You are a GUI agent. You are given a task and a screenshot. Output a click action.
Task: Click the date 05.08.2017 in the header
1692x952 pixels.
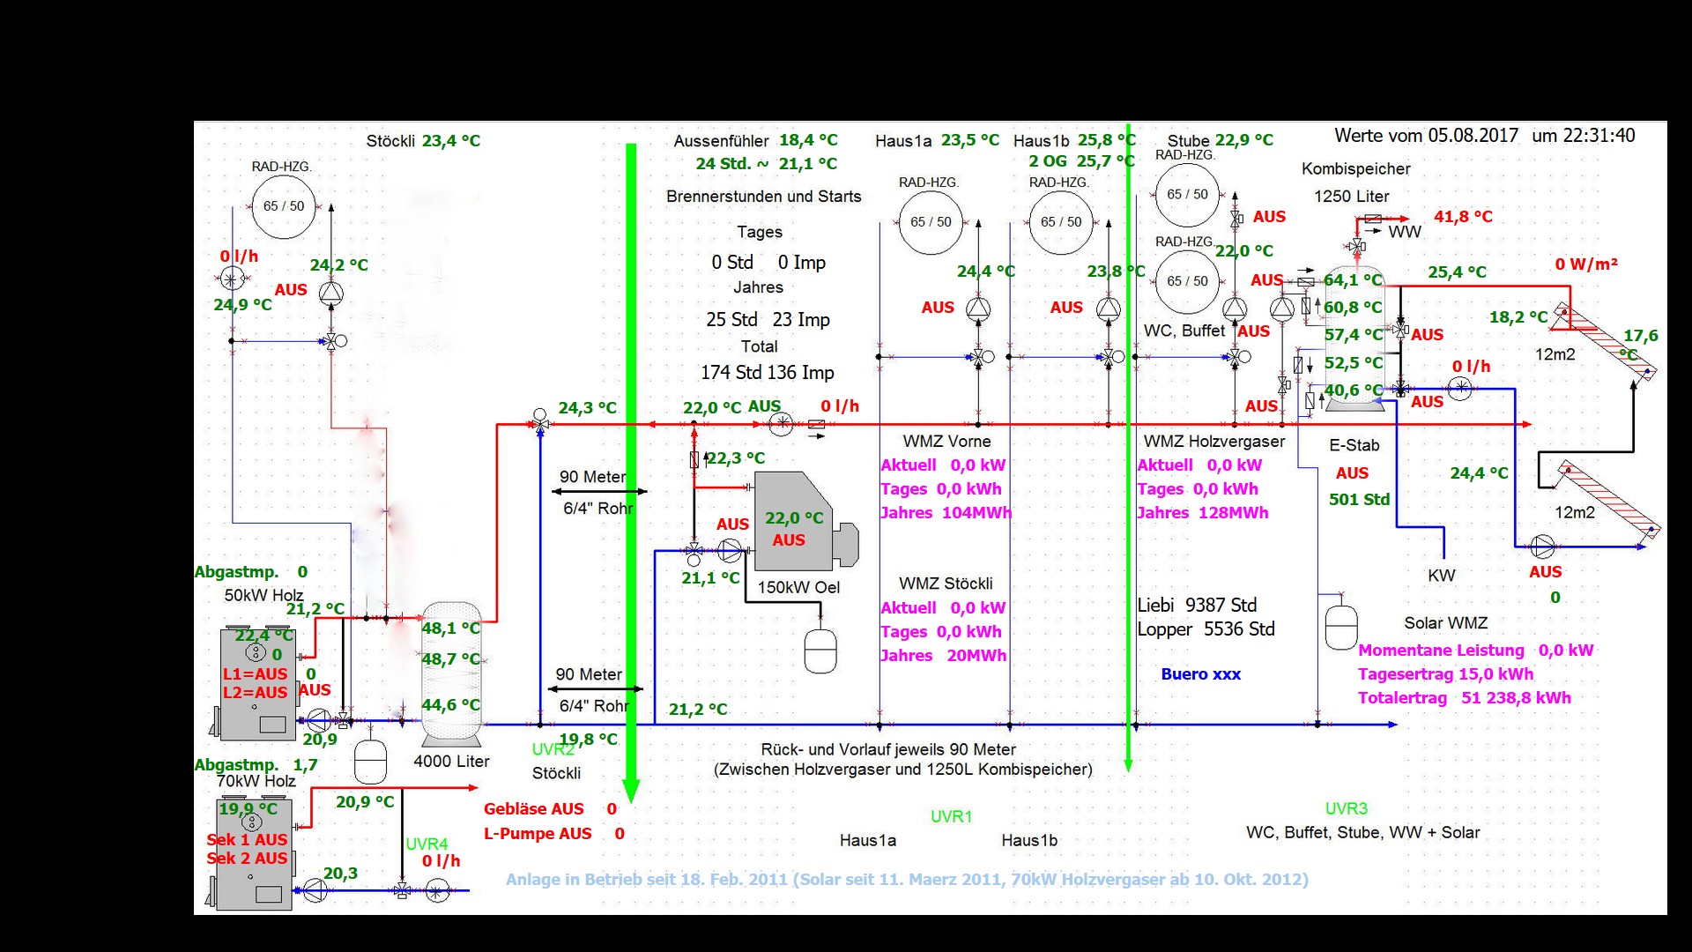[1473, 136]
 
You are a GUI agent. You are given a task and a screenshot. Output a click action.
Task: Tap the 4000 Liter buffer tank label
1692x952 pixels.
[451, 762]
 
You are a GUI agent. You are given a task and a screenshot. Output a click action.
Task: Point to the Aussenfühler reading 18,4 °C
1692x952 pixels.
[808, 140]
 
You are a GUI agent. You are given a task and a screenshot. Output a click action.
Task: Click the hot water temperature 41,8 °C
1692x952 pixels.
[1463, 217]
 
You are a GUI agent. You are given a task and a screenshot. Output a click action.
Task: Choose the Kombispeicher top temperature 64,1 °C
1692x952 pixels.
[1353, 280]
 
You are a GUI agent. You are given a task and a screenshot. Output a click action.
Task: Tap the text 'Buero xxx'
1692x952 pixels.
[1200, 674]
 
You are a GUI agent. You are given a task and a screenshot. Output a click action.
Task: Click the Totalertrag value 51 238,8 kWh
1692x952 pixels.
[1516, 698]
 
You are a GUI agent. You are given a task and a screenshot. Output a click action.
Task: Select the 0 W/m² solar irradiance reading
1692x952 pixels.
[1585, 264]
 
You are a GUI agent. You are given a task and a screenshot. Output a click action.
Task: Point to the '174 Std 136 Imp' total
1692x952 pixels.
[767, 373]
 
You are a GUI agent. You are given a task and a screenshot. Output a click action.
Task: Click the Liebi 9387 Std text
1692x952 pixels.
[1197, 606]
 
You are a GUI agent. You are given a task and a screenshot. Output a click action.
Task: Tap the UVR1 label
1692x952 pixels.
[951, 817]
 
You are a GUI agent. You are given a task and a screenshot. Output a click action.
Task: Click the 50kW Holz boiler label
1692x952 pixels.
[263, 596]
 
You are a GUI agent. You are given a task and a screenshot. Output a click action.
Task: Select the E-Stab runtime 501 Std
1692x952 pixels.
[1359, 500]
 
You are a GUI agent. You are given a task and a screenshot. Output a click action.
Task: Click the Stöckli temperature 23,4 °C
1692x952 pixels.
[451, 141]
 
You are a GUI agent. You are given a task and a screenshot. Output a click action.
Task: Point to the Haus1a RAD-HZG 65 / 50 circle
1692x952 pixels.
[931, 222]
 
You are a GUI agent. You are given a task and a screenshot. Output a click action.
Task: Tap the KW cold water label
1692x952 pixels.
[1442, 576]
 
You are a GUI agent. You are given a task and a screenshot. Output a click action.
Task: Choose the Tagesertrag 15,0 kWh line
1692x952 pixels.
[1445, 674]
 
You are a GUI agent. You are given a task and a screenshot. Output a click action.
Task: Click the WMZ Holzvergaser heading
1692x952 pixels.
[1213, 442]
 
